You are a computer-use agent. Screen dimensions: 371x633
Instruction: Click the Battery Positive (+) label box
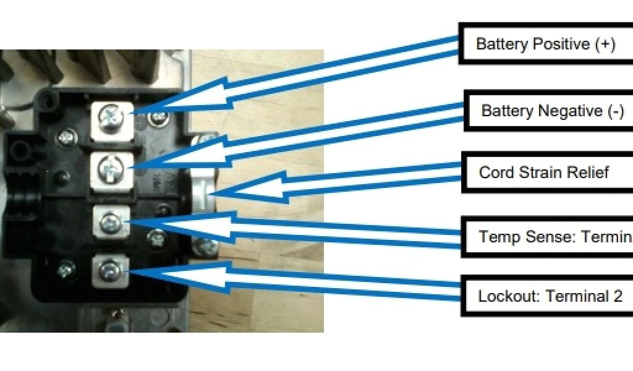(544, 44)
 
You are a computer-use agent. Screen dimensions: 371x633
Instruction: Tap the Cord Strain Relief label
(544, 172)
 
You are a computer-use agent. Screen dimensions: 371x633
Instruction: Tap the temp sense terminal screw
(112, 221)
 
